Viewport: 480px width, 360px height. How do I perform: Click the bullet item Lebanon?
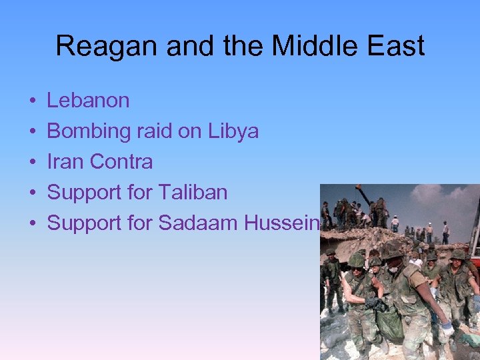(x=88, y=101)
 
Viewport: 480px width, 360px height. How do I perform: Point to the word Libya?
(x=234, y=131)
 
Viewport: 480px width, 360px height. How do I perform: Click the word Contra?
(x=121, y=162)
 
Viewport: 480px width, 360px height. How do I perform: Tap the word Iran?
(x=65, y=162)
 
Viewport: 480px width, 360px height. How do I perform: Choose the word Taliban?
(x=193, y=193)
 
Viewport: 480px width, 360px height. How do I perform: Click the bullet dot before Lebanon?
(x=33, y=101)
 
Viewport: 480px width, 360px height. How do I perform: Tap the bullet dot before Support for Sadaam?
(x=33, y=224)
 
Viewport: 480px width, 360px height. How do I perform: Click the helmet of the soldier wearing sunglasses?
(x=356, y=260)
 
